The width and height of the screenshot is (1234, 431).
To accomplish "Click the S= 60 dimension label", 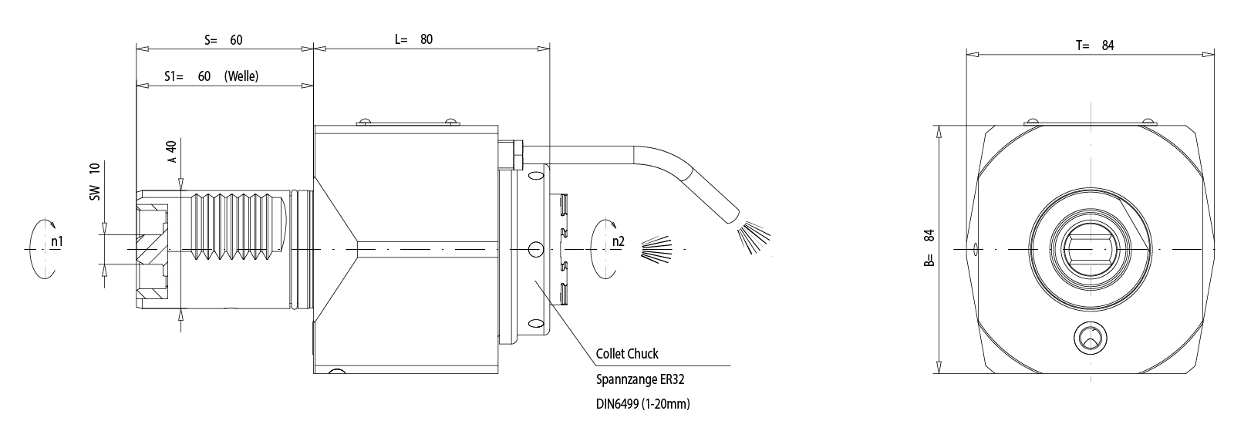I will tap(224, 40).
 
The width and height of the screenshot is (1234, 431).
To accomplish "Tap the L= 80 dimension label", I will tap(413, 40).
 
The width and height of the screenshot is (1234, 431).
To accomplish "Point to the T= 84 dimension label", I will tap(1095, 45).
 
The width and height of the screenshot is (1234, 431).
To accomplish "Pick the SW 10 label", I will tap(95, 182).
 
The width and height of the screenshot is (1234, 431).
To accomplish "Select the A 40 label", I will tap(172, 152).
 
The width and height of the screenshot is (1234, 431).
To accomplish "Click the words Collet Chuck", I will tap(627, 354).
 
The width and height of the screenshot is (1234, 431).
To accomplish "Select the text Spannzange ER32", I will tap(640, 379).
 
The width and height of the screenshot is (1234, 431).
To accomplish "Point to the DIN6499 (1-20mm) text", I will tap(642, 403).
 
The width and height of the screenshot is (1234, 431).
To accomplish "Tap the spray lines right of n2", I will tap(656, 248).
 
